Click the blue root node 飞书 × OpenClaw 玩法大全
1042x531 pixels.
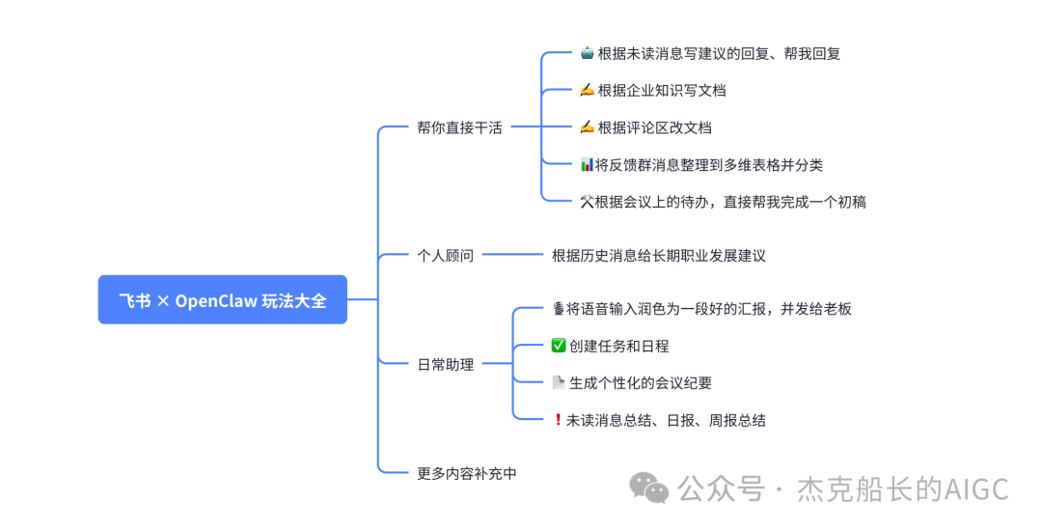[x=222, y=300]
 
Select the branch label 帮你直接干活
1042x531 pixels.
[x=459, y=127]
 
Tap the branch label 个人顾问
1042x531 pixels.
[x=445, y=256]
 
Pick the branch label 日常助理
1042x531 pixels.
[x=445, y=365]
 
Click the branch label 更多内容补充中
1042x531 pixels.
[x=467, y=473]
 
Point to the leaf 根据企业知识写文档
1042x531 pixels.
[x=661, y=91]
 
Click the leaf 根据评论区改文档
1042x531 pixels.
[x=654, y=127]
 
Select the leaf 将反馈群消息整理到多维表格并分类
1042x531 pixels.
[x=709, y=165]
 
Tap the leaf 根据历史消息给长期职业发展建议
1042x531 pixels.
[x=658, y=256]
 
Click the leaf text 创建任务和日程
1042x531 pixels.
[x=618, y=346]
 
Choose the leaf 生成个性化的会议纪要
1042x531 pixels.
[x=640, y=383]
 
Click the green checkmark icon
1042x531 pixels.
[x=558, y=346]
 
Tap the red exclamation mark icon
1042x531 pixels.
[x=557, y=420]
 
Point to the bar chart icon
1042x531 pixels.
[x=587, y=165]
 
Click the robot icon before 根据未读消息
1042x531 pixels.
[x=587, y=53]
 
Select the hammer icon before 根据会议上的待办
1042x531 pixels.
[x=587, y=202]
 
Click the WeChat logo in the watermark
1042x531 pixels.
[x=649, y=489]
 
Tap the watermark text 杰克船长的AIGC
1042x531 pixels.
[x=902, y=489]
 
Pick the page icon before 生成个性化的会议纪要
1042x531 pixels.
[x=558, y=383]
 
